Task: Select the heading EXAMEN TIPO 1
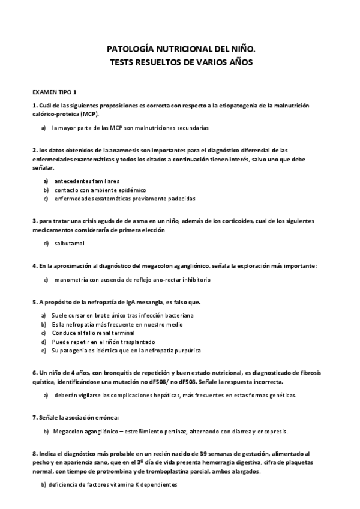55,92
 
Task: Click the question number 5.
35,301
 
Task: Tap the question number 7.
35,417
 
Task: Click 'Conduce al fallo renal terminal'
93,333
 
